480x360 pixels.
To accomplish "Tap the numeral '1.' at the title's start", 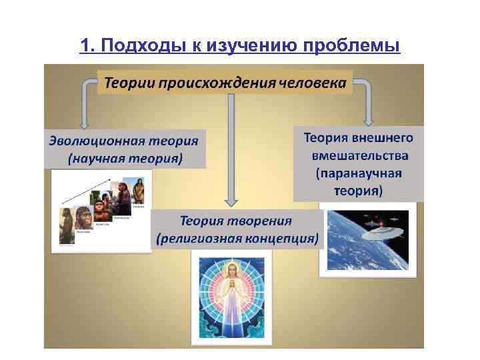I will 87,45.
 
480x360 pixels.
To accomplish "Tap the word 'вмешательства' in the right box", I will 359,155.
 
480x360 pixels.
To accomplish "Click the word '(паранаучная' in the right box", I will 359,173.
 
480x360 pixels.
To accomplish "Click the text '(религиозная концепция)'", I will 237,237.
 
